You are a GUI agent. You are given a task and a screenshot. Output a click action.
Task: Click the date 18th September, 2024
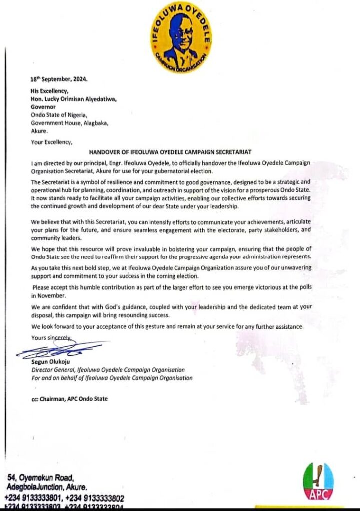tap(58, 79)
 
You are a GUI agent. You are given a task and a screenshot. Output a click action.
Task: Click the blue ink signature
tap(62, 349)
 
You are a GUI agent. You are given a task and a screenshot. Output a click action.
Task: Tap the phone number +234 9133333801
tap(33, 498)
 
